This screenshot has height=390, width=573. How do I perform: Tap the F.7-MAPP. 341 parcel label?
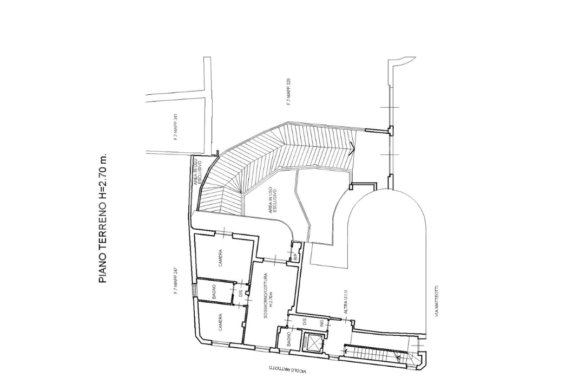coord(176,127)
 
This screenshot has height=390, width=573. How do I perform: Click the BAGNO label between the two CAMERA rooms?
coord(214,293)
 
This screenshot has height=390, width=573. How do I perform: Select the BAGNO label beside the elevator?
coord(289,339)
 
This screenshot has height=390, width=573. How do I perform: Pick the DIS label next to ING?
coord(305,322)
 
